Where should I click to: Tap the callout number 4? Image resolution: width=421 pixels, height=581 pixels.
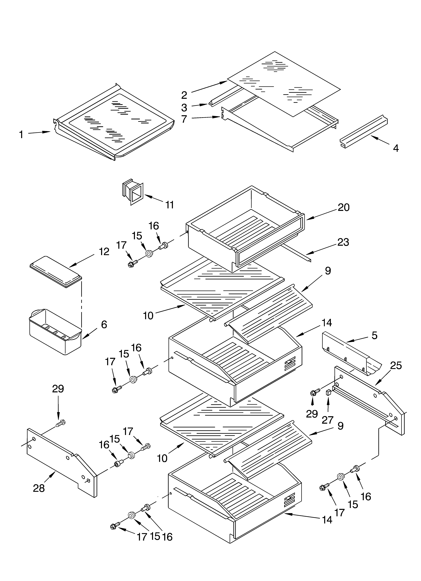[x=396, y=148]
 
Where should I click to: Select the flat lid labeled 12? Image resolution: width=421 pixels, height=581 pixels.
[x=56, y=272]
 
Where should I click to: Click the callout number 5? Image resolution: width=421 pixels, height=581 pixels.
[x=375, y=335]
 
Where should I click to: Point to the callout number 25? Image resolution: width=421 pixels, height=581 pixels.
[x=396, y=366]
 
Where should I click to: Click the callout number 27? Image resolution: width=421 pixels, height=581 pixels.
[x=327, y=420]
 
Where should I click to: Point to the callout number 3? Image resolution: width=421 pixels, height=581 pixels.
[x=184, y=108]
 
